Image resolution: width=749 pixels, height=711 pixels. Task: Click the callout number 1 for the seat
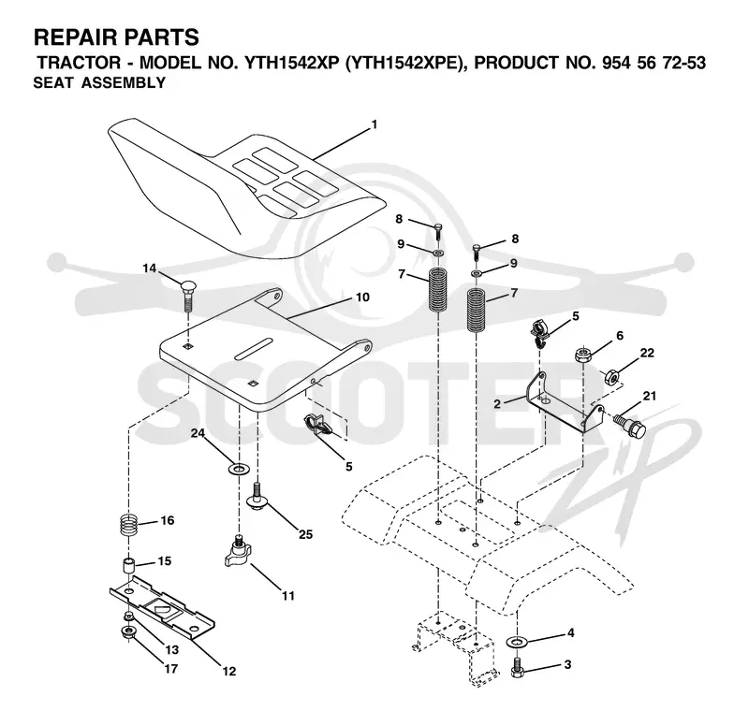click(374, 124)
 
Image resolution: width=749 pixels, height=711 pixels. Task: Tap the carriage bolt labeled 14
click(188, 296)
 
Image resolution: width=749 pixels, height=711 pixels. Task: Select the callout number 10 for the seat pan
click(363, 297)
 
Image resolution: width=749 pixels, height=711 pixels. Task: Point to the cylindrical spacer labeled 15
click(129, 566)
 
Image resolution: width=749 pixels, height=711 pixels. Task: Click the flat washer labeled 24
click(238, 469)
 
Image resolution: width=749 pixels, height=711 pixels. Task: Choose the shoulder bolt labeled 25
click(257, 497)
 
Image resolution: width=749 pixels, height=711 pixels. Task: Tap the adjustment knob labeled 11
click(238, 552)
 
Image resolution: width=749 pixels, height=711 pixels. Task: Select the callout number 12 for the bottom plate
click(229, 671)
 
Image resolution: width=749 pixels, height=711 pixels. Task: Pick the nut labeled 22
click(612, 377)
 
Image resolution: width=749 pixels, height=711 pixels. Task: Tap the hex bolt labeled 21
click(629, 426)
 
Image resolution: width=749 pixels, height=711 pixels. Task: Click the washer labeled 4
click(516, 642)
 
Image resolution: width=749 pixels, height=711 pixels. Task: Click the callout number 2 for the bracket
click(497, 404)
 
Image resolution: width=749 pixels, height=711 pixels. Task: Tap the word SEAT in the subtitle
click(53, 83)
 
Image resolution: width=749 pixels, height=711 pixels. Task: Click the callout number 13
click(172, 649)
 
